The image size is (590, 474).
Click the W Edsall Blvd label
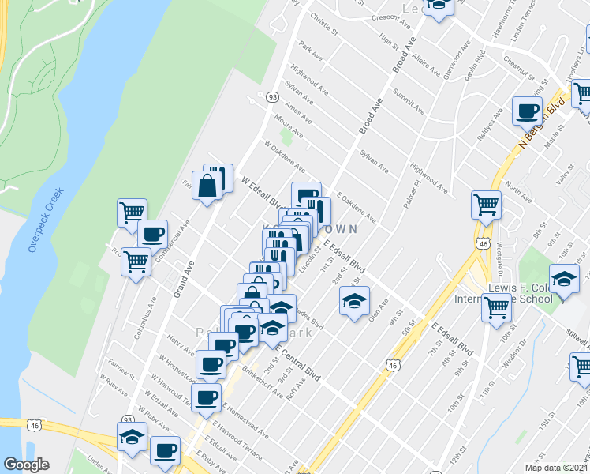click(262, 192)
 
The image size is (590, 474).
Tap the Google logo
click(26, 465)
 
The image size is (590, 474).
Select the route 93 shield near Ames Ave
click(271, 96)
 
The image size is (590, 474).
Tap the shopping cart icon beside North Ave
click(487, 205)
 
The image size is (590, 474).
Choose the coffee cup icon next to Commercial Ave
click(152, 233)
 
